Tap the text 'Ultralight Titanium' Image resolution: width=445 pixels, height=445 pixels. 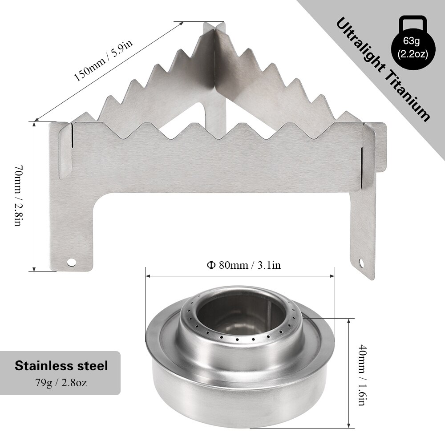pyautogui.click(x=383, y=69)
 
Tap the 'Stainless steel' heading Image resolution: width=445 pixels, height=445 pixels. pyautogui.click(x=61, y=366)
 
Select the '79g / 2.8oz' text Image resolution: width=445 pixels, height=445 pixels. pyautogui.click(x=61, y=382)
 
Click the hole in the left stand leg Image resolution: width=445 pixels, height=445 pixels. pyautogui.click(x=70, y=262)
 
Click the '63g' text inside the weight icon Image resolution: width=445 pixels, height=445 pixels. pyautogui.click(x=412, y=43)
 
